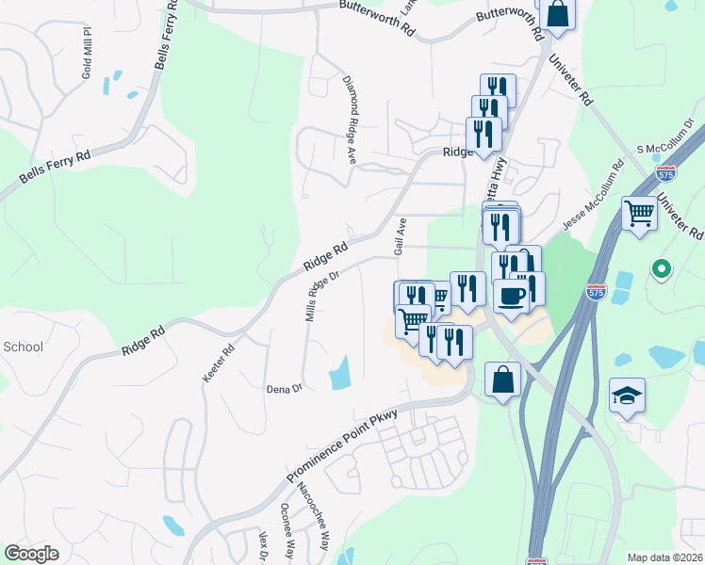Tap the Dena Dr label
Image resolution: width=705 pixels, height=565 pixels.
(283, 387)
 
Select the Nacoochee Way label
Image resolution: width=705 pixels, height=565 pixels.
(314, 515)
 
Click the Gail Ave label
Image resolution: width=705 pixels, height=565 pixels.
(400, 235)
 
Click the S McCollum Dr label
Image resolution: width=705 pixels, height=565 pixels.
(666, 137)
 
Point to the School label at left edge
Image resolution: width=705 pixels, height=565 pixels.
(23, 347)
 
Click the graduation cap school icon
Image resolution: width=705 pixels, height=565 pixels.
(627, 395)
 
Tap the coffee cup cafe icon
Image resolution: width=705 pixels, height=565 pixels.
(511, 296)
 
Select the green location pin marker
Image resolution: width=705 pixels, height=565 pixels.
(661, 270)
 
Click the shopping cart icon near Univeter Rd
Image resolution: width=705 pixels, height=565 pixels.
(639, 213)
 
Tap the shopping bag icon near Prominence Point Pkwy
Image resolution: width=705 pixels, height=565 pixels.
(503, 380)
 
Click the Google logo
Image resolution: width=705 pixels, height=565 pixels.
(31, 554)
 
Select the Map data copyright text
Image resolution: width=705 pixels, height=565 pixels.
(665, 557)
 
